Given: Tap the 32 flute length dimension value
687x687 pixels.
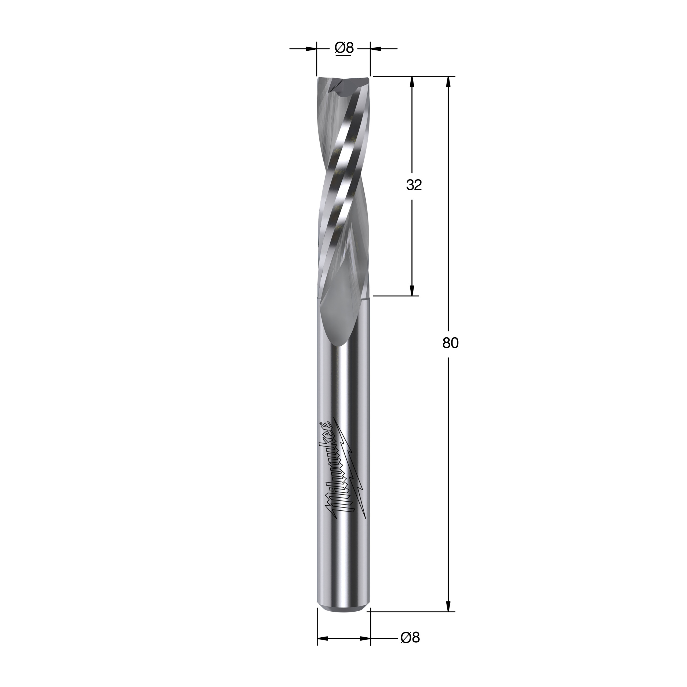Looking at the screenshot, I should (x=414, y=185).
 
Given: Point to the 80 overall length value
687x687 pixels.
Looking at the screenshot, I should (x=451, y=343).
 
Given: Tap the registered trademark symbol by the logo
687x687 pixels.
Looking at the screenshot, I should (x=320, y=423).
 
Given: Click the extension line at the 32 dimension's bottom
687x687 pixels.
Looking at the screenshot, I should (x=395, y=295).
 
